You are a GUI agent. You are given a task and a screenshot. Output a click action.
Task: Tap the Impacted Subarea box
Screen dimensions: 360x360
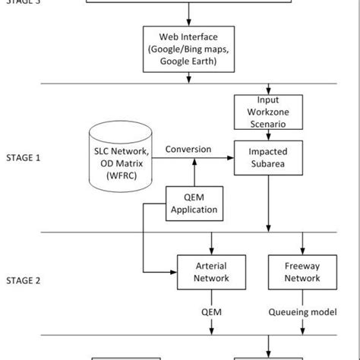(x=267, y=157)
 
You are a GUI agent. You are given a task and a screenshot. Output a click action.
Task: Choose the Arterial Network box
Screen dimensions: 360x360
(x=211, y=273)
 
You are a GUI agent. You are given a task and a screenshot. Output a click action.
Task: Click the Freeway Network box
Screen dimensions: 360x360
(x=302, y=273)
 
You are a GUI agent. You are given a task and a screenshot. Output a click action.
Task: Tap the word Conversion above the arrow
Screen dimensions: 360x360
(x=188, y=149)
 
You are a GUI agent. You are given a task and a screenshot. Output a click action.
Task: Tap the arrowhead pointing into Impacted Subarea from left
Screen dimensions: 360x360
(x=230, y=158)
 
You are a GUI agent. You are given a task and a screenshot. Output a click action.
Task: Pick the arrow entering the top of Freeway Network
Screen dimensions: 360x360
(x=302, y=245)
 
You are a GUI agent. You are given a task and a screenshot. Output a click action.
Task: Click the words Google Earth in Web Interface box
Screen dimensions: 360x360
(x=188, y=62)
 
